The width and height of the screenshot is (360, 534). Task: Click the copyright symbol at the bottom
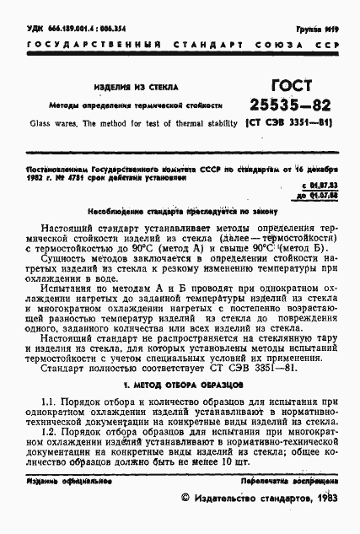click(186, 499)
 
